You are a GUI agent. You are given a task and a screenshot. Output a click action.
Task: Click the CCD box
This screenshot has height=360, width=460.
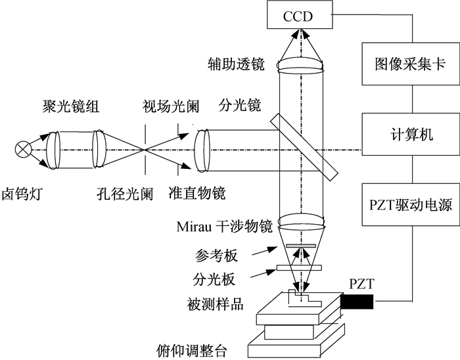point(300,14)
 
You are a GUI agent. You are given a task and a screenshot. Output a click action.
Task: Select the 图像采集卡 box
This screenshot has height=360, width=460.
point(411,64)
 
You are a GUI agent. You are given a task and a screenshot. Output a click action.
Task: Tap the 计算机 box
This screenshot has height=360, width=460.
point(411,135)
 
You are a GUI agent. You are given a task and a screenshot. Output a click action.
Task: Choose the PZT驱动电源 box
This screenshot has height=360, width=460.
point(411,204)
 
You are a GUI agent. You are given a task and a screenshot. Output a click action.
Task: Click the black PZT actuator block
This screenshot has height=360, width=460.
point(357,302)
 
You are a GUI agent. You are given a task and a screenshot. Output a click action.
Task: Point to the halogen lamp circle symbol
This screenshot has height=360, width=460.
point(23,149)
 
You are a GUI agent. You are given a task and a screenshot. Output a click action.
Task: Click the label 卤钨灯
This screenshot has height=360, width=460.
point(22,194)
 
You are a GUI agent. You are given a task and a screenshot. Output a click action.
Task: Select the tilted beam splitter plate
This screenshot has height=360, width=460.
point(304,147)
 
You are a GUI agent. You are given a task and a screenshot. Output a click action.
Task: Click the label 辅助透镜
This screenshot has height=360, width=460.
point(236,64)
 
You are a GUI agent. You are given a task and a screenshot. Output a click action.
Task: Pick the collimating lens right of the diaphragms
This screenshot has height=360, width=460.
point(202,150)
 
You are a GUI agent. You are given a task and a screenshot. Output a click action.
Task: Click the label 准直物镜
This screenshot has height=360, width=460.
point(197,193)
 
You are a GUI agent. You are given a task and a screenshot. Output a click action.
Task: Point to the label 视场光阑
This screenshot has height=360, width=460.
point(171,106)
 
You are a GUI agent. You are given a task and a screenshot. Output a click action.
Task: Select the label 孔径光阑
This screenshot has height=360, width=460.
point(126,194)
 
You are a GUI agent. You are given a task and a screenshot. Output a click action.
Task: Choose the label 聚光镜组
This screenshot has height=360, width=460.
point(71,106)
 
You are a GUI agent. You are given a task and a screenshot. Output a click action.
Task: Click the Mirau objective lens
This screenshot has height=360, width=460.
point(301,223)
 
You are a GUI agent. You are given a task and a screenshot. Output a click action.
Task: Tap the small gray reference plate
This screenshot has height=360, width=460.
point(301,246)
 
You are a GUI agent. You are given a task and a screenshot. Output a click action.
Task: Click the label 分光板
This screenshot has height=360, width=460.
point(214,279)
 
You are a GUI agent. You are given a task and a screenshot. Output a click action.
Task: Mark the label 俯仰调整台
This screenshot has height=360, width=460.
point(192,351)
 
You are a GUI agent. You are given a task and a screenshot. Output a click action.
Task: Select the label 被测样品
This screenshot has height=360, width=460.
point(216,304)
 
